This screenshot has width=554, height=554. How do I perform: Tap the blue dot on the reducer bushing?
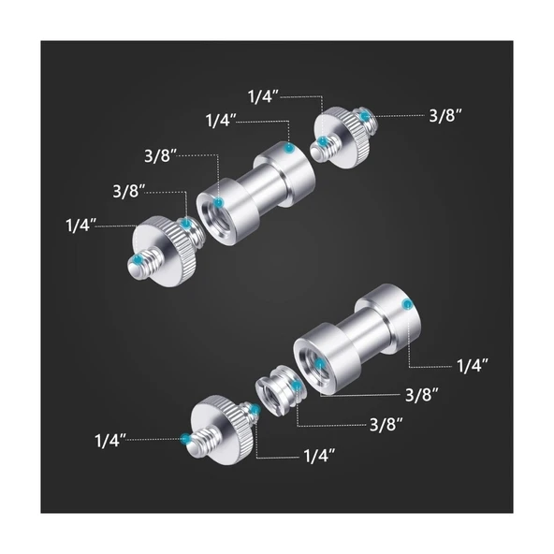click(x=297, y=385)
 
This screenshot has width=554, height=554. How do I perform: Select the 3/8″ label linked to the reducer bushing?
click(x=386, y=424)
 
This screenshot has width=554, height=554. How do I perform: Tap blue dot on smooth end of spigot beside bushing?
click(x=408, y=303)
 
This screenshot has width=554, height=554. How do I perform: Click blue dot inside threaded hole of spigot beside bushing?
click(x=319, y=363)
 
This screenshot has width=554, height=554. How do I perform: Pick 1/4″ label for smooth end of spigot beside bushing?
click(x=473, y=366)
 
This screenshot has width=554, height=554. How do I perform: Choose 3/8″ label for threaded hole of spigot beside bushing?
click(x=422, y=394)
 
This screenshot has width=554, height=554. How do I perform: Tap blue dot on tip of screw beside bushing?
click(x=185, y=439)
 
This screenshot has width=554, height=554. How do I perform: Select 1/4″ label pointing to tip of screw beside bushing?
click(x=110, y=441)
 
